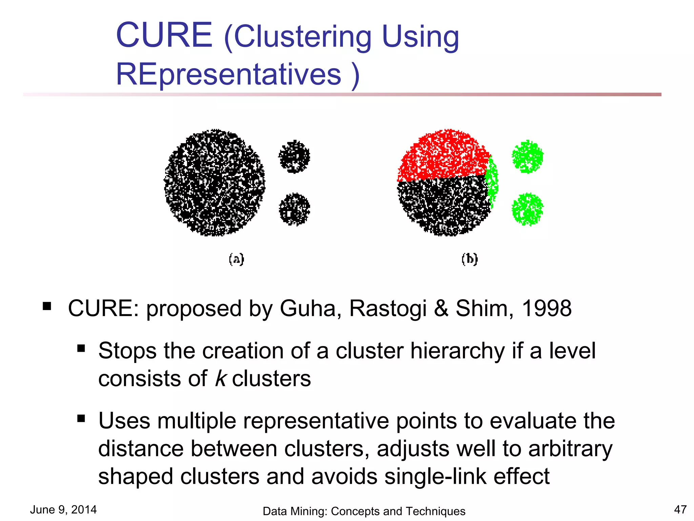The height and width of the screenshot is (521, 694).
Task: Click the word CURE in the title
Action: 164,35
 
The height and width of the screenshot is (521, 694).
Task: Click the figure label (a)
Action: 236,259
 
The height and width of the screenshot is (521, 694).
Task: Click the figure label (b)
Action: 469,259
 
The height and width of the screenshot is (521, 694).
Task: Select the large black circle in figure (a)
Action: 214,182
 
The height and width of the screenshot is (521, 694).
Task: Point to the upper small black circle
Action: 294,156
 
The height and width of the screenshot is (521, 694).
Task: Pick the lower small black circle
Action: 294,209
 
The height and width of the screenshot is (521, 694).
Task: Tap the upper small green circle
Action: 527,157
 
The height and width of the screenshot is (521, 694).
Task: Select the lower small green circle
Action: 527,209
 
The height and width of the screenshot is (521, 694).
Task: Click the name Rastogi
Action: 388,308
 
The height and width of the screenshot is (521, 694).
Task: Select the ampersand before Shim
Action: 441,308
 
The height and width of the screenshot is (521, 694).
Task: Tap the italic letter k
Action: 220,378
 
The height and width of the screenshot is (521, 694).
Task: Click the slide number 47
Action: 680,509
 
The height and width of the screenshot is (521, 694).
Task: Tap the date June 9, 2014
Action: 63,509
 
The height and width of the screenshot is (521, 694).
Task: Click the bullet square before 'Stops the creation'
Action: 81,348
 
